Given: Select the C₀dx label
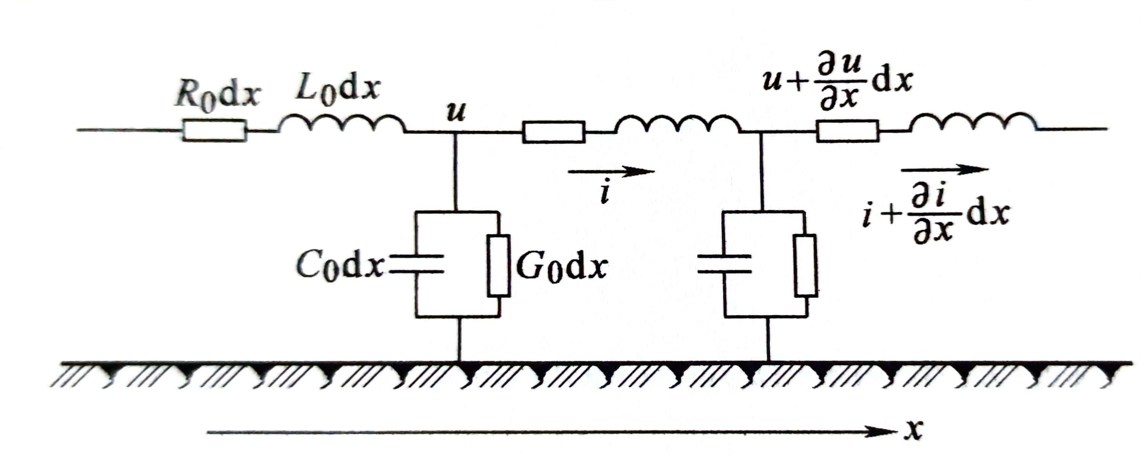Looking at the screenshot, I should coord(340,266).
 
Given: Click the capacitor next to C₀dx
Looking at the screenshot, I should coord(417,264).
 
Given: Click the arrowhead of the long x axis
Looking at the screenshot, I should coord(882,431).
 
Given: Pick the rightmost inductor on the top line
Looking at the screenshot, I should coord(973,122).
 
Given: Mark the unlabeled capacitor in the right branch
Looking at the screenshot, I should coord(724,264).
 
